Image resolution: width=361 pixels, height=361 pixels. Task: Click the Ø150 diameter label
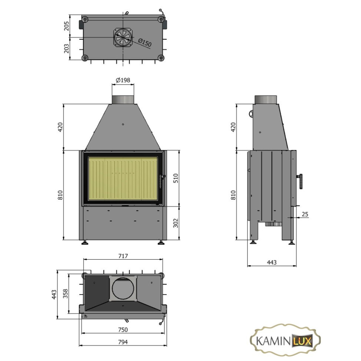coord(145,43)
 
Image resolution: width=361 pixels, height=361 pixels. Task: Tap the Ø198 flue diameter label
coord(123,80)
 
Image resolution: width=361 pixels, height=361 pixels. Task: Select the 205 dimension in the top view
coord(66,26)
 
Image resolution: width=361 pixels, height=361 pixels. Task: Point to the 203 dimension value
coord(66,49)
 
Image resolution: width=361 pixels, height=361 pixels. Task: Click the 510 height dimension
coord(176,178)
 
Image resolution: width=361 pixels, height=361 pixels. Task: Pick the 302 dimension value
coord(176,223)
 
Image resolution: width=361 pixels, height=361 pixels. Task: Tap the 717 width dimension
coord(123,256)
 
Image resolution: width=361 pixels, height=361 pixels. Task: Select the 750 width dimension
coord(123,330)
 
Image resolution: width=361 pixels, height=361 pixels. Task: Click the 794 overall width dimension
coord(123,342)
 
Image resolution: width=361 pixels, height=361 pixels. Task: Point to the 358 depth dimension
coord(66,293)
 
